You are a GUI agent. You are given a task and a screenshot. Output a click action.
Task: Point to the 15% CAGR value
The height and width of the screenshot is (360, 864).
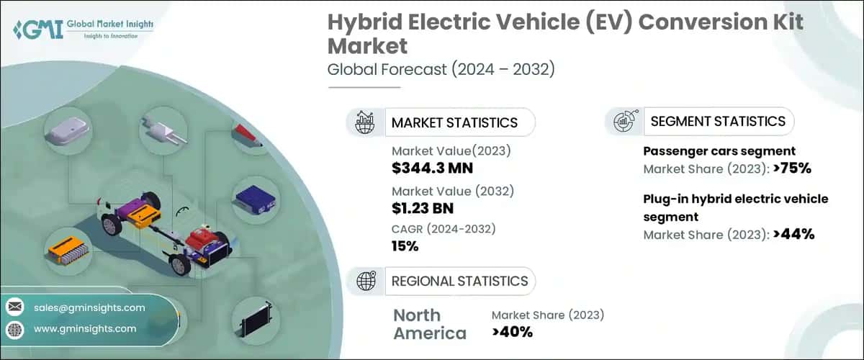405,246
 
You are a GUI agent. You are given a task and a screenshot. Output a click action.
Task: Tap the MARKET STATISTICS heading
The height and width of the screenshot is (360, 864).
454,122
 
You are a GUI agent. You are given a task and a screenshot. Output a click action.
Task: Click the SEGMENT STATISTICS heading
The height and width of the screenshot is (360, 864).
717,121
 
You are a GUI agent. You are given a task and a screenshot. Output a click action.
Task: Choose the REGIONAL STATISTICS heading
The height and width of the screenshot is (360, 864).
459,281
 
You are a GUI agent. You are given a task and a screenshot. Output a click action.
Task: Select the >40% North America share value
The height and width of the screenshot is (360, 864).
512,332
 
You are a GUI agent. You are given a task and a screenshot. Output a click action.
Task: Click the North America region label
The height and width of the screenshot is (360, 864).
429,324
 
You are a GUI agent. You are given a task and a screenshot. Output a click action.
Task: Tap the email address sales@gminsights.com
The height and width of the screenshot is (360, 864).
89,307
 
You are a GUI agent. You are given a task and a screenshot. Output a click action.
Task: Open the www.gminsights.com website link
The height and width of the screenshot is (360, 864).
85,328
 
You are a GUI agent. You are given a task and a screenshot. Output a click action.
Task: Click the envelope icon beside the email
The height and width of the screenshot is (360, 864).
15,307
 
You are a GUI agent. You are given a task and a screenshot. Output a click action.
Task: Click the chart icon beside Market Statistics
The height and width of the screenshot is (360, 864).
365,122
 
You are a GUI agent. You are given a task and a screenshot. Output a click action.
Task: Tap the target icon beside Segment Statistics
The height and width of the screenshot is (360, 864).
624,122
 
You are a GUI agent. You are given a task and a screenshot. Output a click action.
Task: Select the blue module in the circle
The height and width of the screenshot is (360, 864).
254,196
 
